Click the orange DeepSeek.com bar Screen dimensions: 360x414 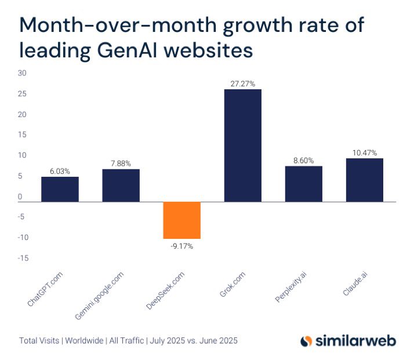point(181,220)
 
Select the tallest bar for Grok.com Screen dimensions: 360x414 point(242,146)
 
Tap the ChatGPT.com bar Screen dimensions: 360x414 point(60,190)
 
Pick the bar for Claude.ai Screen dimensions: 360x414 point(364,180)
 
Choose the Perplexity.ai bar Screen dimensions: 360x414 point(303,184)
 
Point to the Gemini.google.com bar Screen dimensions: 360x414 point(121,186)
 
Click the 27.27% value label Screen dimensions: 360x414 point(242,84)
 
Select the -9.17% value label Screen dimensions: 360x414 point(181,246)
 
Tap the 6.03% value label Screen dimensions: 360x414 point(60,172)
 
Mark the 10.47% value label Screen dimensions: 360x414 point(364,153)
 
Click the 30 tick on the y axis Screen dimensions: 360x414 point(22,73)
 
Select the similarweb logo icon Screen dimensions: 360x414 point(306,341)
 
